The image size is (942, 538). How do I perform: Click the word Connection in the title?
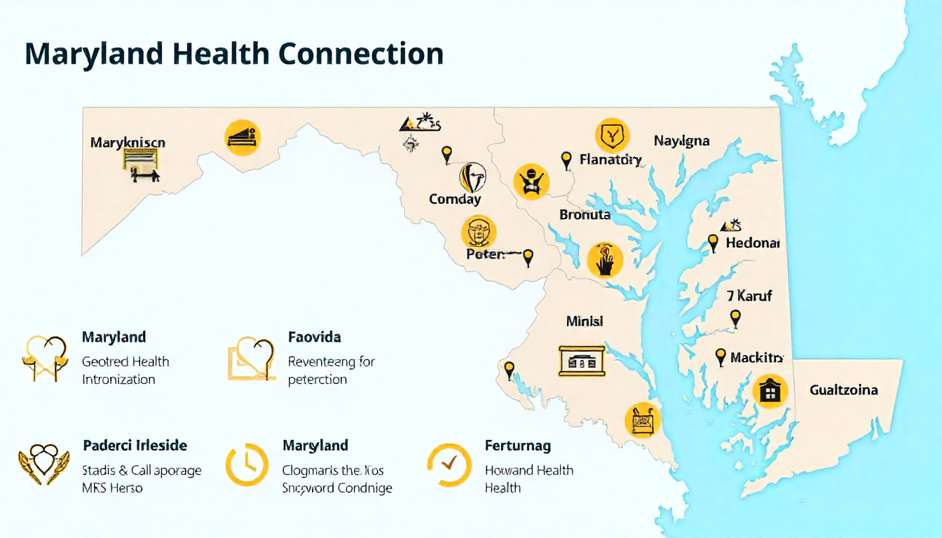point(362,54)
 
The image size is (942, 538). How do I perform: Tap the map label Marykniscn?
point(128,142)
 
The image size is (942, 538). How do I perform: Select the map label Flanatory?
point(610,160)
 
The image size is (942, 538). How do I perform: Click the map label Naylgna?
point(681,141)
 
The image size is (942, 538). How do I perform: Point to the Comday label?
point(455,199)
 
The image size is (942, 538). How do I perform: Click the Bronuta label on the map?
point(585,214)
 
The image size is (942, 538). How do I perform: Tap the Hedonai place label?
point(752,243)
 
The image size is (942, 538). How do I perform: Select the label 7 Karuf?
point(749,296)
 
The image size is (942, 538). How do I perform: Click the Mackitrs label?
point(756,358)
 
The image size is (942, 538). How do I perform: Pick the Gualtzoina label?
point(843,389)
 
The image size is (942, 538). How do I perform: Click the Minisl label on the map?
point(584,322)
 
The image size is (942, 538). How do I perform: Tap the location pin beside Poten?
point(528,257)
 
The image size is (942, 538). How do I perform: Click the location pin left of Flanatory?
point(566,160)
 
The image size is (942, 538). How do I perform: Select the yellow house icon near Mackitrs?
point(770,391)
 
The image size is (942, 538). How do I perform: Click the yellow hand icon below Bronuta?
point(604,260)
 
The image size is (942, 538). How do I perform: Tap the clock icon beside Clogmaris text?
point(246,464)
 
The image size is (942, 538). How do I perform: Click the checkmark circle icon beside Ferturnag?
point(449,464)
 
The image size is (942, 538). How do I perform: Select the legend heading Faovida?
point(315,337)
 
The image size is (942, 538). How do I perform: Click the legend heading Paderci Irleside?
point(135,446)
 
